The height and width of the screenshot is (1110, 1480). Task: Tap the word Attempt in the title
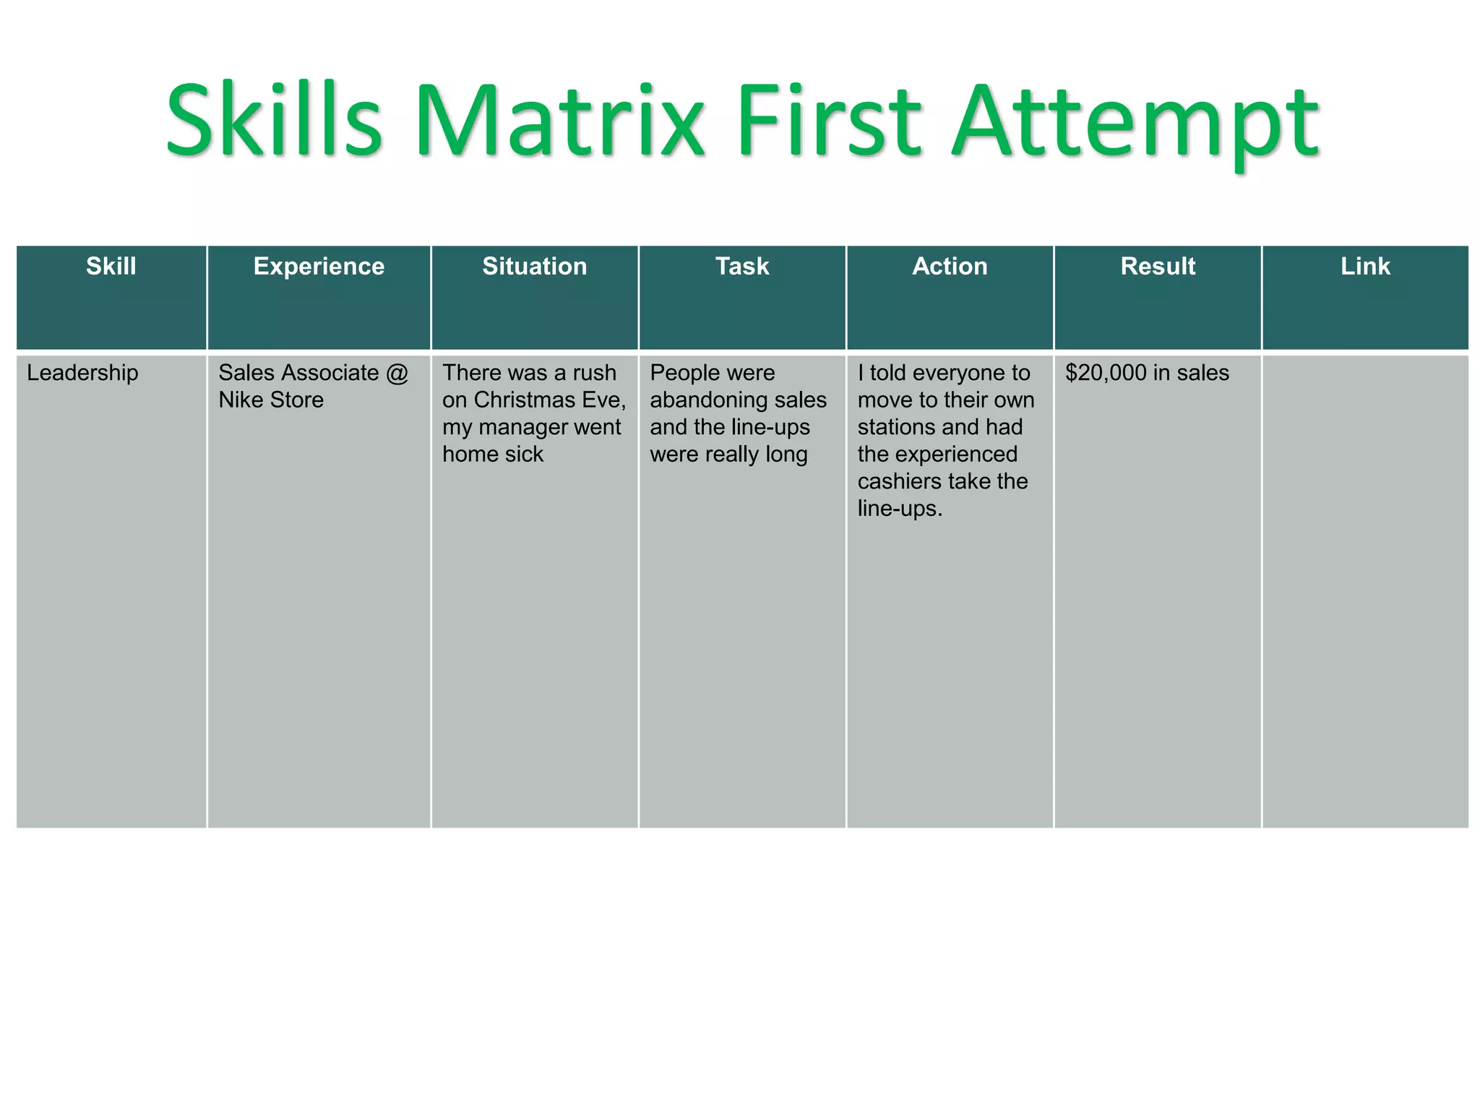(1135, 123)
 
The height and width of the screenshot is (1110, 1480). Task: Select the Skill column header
(111, 267)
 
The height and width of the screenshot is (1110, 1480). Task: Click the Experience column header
(319, 267)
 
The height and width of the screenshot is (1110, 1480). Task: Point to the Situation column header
(534, 267)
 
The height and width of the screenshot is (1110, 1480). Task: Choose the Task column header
(742, 267)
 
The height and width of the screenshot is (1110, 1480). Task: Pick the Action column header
(950, 267)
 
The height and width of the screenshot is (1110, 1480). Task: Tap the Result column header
(1158, 267)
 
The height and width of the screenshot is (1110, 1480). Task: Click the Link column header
(1365, 267)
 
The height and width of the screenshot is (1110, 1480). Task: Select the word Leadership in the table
(82, 373)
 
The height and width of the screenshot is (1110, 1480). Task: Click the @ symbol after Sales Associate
(397, 373)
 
